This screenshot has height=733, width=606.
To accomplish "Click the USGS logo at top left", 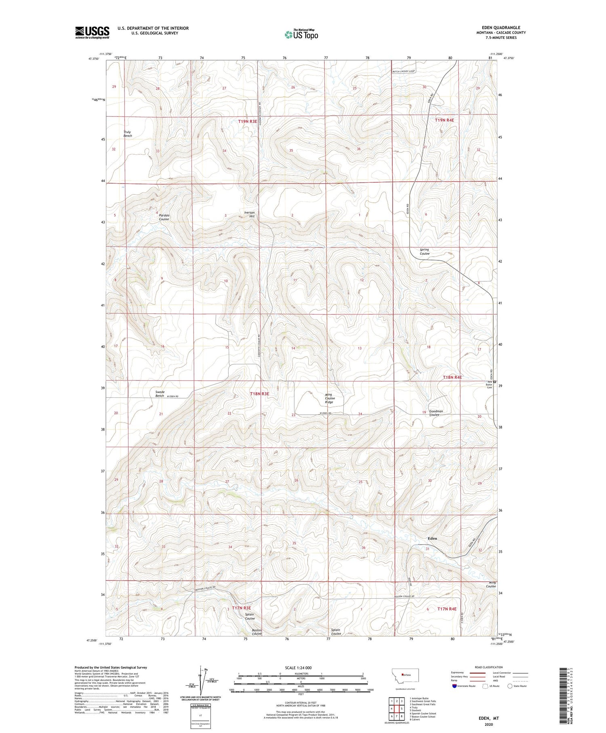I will click(x=92, y=32).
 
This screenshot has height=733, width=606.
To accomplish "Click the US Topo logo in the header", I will click(x=301, y=34).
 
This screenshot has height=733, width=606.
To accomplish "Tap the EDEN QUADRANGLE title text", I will click(x=501, y=27).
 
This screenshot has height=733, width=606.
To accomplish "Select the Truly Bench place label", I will click(x=128, y=134).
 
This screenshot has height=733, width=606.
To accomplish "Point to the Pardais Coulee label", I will click(x=164, y=217).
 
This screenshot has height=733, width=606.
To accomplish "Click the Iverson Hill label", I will click(x=250, y=214).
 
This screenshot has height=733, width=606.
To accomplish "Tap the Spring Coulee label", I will click(x=424, y=251).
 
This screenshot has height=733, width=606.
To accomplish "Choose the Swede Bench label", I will click(x=160, y=394).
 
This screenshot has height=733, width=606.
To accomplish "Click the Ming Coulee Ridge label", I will click(x=330, y=398).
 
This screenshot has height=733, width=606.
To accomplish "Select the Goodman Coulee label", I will click(x=436, y=413).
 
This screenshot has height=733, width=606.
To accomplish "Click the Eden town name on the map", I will click(x=432, y=538).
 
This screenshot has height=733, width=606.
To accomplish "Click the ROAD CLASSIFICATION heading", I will click(x=488, y=667).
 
